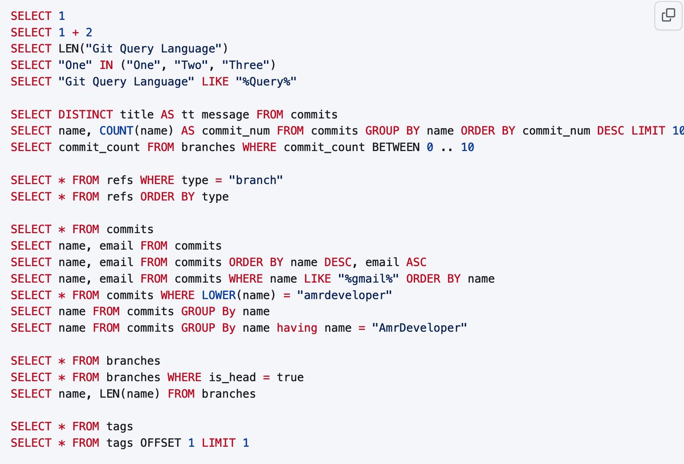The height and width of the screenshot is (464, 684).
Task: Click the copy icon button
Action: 668,15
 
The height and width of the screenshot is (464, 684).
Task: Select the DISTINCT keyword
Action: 85,115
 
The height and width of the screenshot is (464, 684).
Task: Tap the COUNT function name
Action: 116,131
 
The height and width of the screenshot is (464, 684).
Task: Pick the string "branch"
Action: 256,180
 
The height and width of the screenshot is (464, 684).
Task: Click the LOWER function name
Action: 219,295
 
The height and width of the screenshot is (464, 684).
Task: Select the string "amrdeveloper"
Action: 344,295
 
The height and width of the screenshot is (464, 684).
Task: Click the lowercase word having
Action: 297,328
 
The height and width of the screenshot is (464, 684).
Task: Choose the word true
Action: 290,377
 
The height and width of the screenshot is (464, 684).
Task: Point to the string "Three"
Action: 246,65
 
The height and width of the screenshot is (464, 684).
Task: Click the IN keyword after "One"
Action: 106,65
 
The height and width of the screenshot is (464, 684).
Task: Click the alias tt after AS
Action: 188,115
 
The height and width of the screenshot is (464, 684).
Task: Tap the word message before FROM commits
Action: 225,115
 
